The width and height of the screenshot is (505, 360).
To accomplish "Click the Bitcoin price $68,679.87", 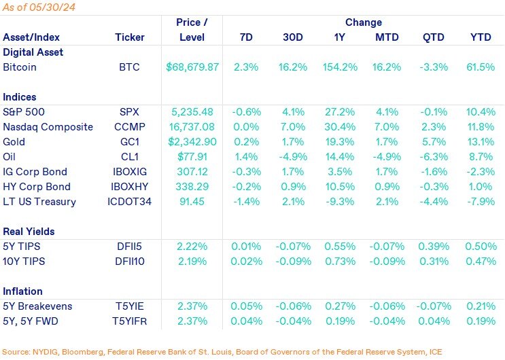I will pos(192,68).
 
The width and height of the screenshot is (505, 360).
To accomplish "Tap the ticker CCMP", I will pos(130,127).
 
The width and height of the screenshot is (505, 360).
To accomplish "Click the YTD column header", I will pos(481,37).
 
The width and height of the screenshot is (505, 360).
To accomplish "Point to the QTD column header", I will pos(434,37).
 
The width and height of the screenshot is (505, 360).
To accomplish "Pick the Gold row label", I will pos(14,142).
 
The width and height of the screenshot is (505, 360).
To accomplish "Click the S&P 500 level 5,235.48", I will pos(192,112).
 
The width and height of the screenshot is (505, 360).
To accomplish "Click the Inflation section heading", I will pos(23,291).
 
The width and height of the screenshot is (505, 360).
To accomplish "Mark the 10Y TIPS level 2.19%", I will pos(192,262).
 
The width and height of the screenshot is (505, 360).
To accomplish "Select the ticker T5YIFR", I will pos(130,321).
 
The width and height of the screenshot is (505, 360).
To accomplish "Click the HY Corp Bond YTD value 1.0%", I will pos(481,187).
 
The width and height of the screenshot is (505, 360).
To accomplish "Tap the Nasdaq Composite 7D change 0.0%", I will pos(245,127).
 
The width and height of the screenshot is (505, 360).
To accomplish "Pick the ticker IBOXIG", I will pos(130,172).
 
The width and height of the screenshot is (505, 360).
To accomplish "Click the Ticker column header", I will pos(130,37).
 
